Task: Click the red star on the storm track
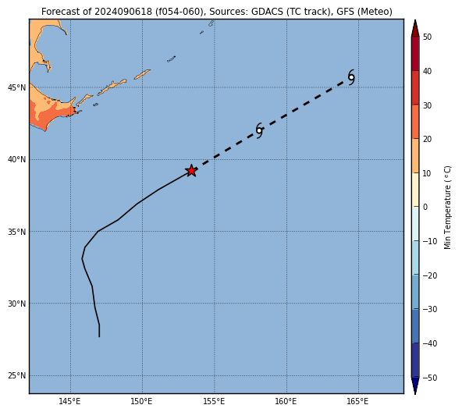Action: coord(191,171)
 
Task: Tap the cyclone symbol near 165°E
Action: coord(351,77)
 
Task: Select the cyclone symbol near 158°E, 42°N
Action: coord(259,130)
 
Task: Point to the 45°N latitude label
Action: coord(17,87)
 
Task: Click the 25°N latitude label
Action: coord(17,376)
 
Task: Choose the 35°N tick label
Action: coord(17,232)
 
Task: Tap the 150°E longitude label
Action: coord(142,401)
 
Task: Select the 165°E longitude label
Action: coord(358,401)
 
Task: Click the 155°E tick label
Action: coord(214,401)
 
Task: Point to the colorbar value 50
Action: coord(427,37)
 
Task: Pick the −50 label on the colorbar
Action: coord(430,378)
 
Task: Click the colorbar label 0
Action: coord(425,208)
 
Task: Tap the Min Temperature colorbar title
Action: coord(447,208)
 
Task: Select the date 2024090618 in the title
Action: coord(123,12)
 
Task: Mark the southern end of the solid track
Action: coord(99,336)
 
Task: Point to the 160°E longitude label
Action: coord(286,401)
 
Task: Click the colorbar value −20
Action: coord(430,275)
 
